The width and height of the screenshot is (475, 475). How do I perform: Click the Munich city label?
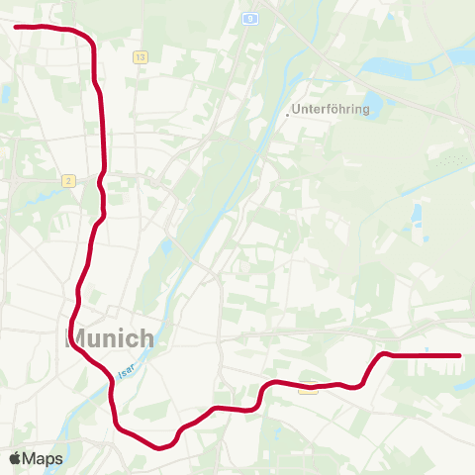[110, 338]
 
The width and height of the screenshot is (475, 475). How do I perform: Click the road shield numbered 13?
[141, 58]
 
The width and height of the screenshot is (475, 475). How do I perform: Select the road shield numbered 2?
[67, 180]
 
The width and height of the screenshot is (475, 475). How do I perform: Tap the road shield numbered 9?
[251, 18]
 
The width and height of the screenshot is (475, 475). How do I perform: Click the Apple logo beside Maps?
[16, 458]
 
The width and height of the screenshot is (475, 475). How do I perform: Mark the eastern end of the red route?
[459, 355]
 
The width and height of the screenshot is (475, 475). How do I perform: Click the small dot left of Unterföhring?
[287, 115]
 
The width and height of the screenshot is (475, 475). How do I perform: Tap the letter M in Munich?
[75, 338]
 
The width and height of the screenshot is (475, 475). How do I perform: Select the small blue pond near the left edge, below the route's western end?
[5, 95]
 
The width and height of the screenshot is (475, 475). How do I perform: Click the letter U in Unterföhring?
[297, 110]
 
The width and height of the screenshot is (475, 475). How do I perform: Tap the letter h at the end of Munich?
[146, 338]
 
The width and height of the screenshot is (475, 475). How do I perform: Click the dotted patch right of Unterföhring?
[449, 158]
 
